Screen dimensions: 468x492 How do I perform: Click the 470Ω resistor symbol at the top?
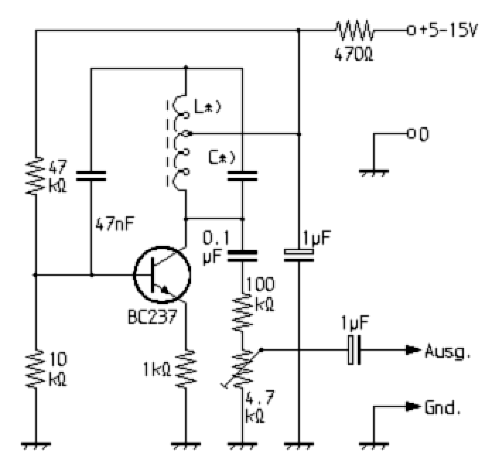coord(354,31)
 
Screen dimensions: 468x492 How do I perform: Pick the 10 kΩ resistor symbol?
coord(36,369)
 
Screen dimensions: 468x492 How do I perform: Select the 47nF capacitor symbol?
coord(91,176)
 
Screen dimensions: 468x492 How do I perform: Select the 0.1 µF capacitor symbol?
coord(242,255)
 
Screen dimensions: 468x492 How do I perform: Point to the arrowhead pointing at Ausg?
coord(413,350)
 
